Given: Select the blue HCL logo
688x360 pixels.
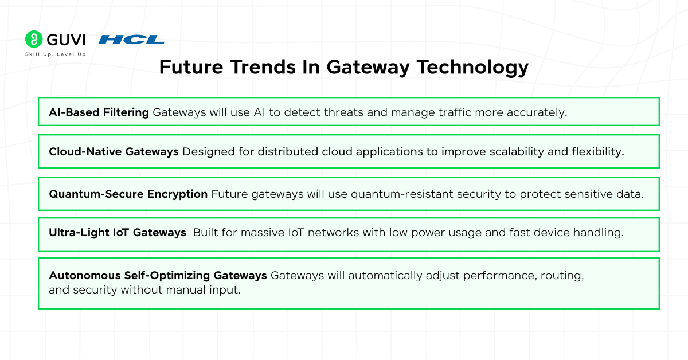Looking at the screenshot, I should [131, 40].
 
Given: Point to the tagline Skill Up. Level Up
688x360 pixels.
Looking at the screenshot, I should [56, 54].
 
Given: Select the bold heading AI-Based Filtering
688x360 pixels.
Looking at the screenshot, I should [99, 112].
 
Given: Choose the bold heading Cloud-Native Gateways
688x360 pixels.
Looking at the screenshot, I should [114, 152].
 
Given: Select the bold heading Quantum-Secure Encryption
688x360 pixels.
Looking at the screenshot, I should [128, 194].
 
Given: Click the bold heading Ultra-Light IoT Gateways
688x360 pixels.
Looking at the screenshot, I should [118, 233].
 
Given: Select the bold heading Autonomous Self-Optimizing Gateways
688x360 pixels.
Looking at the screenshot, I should [158, 275].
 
